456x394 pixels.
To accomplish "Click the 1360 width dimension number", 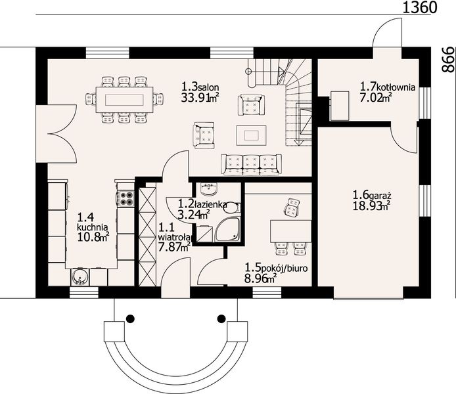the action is (x=419, y=8).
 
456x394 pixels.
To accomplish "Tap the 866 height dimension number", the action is (x=447, y=60).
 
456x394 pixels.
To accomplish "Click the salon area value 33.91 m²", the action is (x=200, y=98).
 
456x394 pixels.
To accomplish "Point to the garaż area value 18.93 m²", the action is (x=371, y=206).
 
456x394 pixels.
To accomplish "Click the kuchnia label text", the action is (x=93, y=227).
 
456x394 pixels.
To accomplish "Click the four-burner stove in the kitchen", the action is (x=125, y=198).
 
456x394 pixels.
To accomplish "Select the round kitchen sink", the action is (x=79, y=277).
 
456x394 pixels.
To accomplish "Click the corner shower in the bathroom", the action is (x=227, y=230).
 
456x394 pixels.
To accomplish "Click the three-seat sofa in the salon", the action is (x=251, y=165).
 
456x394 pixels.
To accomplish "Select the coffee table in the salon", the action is (x=251, y=135).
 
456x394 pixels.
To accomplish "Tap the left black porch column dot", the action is (x=130, y=318).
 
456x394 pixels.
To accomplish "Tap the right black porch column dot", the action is (x=221, y=318).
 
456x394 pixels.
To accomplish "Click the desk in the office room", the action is (x=290, y=231).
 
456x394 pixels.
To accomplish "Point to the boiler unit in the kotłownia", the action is (x=340, y=106).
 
